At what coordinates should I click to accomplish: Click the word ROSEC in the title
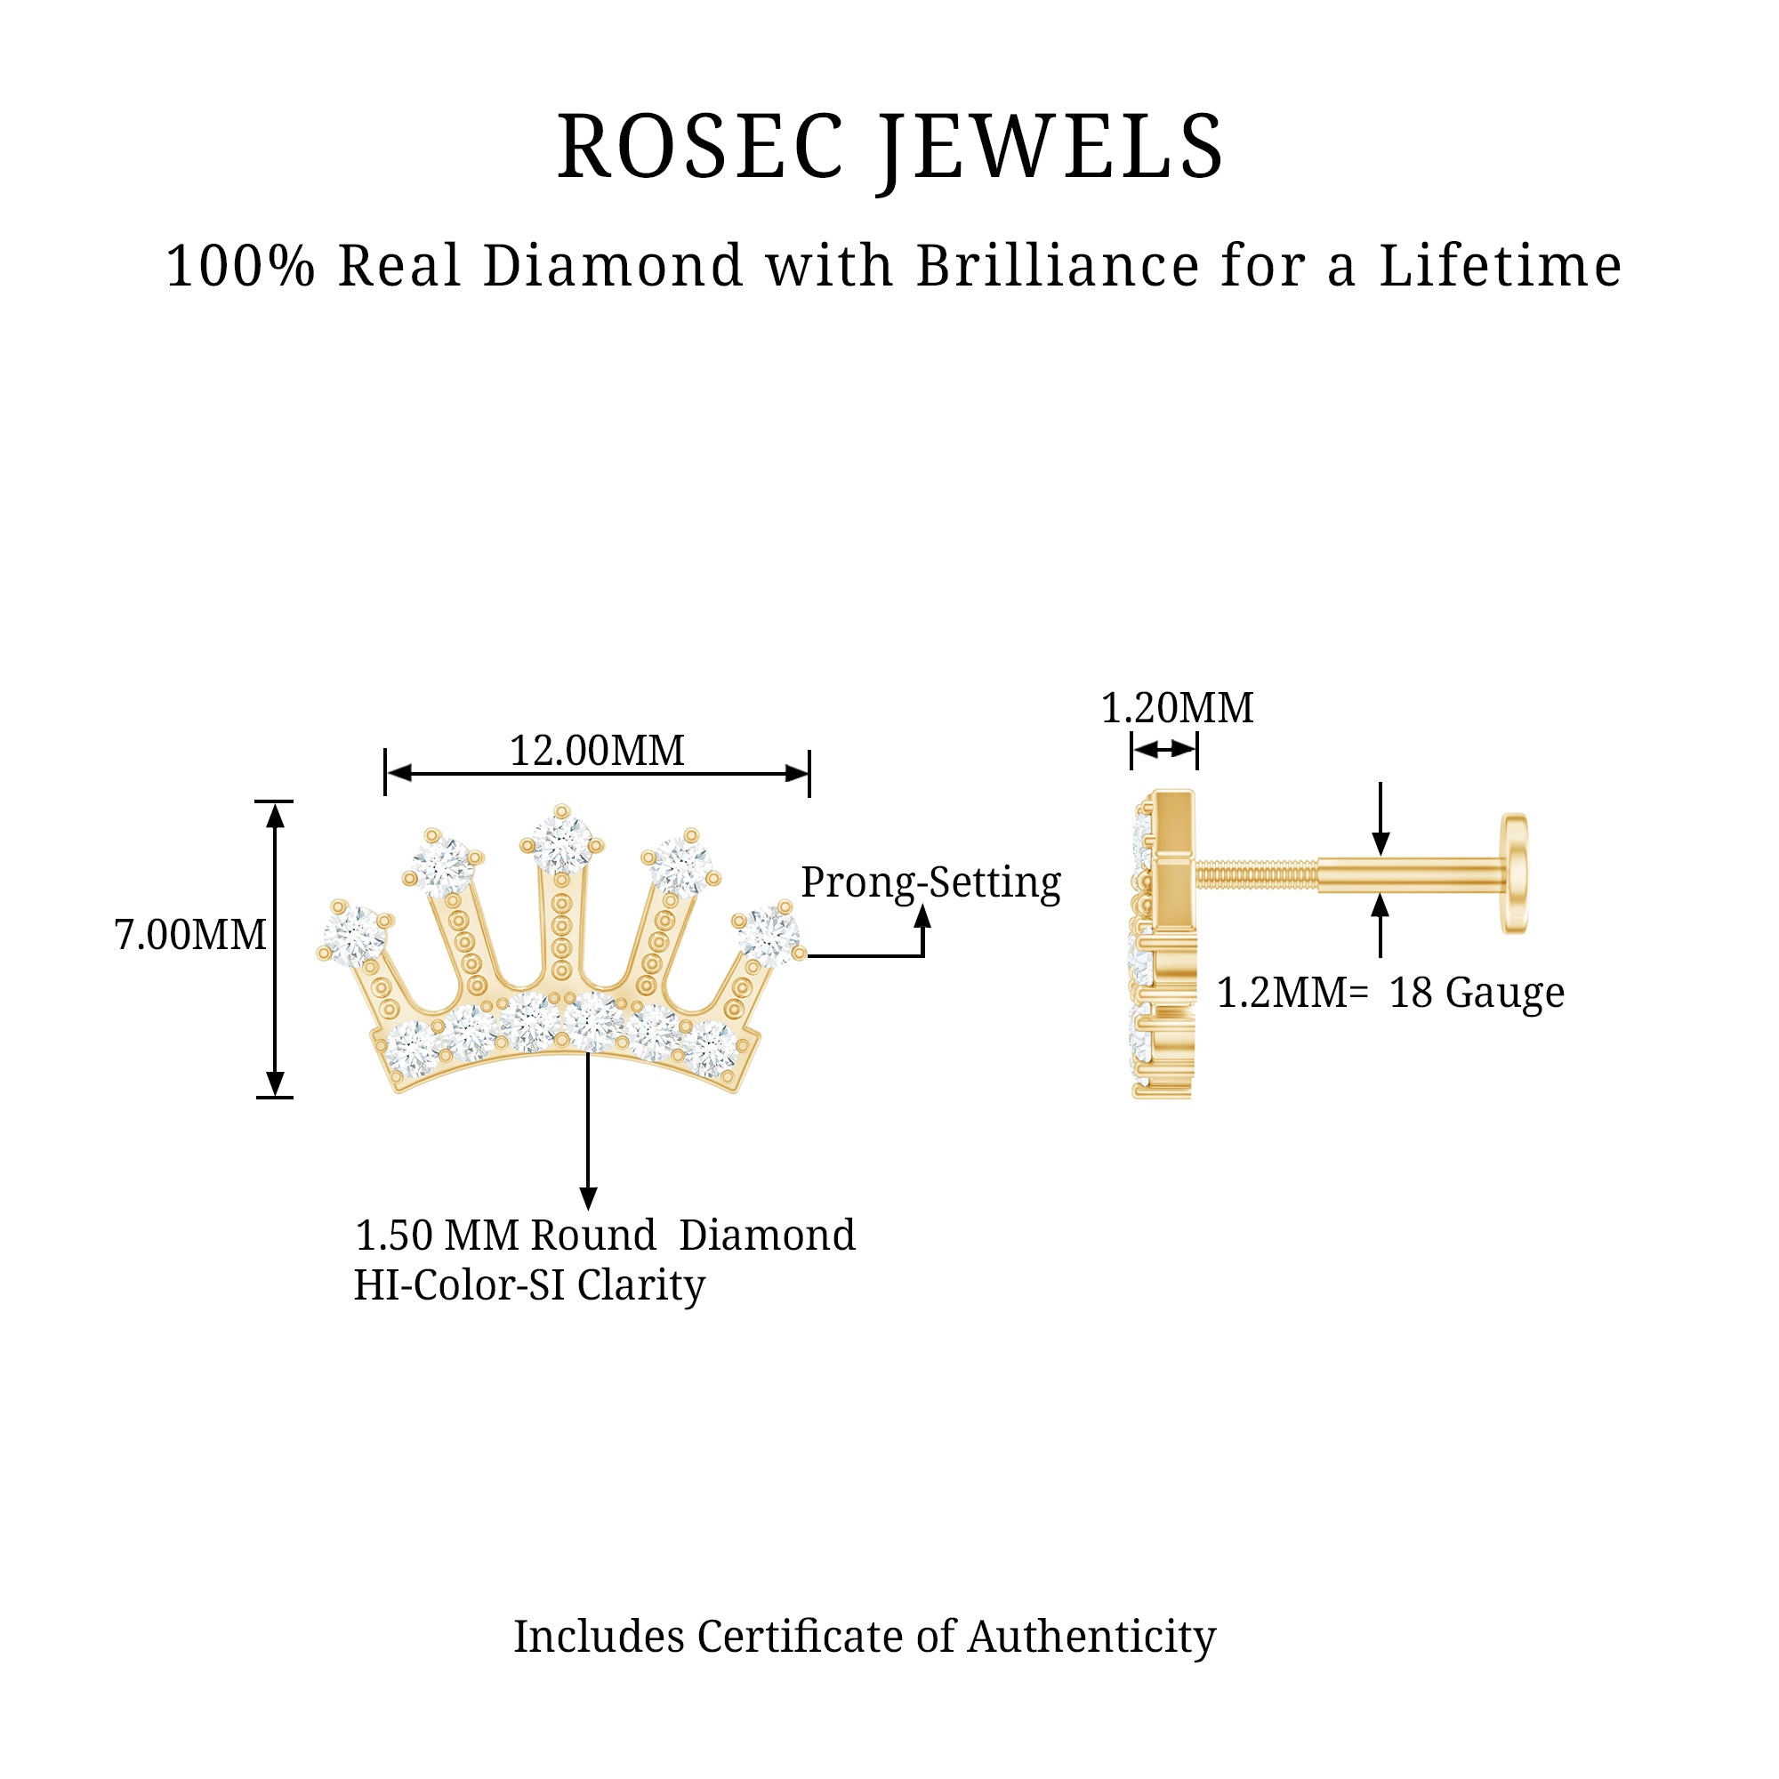click(700, 148)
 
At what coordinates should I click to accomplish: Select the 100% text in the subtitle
click(240, 267)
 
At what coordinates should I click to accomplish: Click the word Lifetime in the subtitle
click(1500, 267)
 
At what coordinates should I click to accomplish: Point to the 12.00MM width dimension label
click(597, 752)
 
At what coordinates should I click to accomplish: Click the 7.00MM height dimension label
click(189, 936)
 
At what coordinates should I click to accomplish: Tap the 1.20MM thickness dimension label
click(1177, 708)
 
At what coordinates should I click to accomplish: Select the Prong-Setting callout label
click(930, 883)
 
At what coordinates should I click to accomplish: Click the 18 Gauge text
click(1476, 994)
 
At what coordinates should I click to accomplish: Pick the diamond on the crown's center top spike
click(561, 842)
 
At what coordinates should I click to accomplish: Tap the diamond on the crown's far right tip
click(767, 936)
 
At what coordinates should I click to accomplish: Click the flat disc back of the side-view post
click(1514, 873)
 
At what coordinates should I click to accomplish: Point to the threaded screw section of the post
click(1256, 873)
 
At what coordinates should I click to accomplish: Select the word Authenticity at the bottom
click(1091, 1638)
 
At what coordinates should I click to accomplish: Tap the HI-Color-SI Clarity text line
click(529, 1285)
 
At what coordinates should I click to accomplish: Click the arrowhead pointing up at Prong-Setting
click(922, 917)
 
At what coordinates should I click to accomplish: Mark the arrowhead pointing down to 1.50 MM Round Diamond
click(588, 1198)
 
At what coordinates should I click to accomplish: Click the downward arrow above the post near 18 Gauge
click(1380, 841)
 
